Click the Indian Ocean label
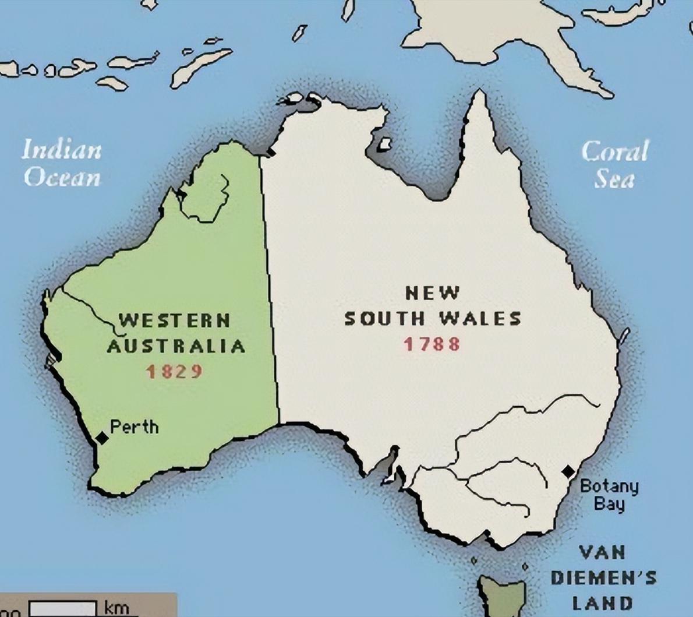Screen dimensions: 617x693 [x=62, y=164]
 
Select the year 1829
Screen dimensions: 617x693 [x=174, y=371]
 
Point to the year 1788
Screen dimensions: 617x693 [x=432, y=344]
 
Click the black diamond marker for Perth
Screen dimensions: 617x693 [x=102, y=438]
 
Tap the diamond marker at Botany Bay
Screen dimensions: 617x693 [x=568, y=471]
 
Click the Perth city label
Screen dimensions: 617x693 [x=134, y=427]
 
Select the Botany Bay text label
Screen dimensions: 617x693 [x=609, y=494]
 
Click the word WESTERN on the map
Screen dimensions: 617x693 [x=175, y=320]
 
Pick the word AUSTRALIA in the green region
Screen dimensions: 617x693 [x=176, y=346]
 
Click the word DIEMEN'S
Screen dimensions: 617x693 [x=603, y=578]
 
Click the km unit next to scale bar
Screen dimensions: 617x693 [x=116, y=608]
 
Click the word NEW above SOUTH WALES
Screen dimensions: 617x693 [x=432, y=292]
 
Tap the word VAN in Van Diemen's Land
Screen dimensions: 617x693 [x=603, y=552]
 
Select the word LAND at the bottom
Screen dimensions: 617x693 [x=602, y=603]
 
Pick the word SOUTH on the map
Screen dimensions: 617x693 [x=384, y=318]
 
